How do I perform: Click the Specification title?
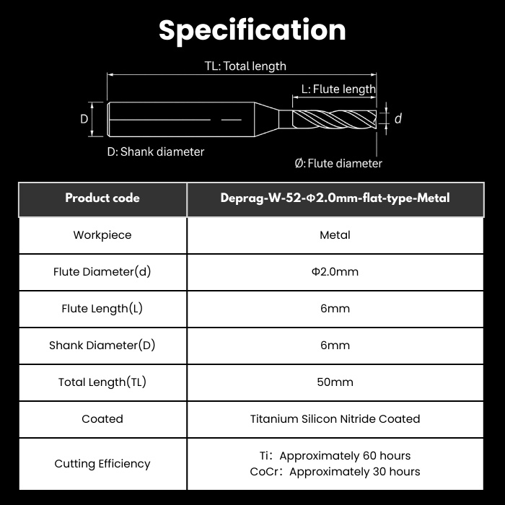(x=252, y=30)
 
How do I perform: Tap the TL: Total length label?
(x=245, y=66)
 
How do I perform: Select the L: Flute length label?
(x=338, y=89)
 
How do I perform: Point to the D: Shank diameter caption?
(x=156, y=151)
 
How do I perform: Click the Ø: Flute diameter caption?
(x=338, y=163)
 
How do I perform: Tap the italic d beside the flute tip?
(x=398, y=119)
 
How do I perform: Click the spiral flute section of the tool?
(x=334, y=119)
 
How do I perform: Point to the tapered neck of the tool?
(x=267, y=119)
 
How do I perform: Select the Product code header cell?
(x=102, y=198)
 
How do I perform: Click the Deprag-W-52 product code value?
(x=335, y=198)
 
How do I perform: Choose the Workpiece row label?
(x=102, y=235)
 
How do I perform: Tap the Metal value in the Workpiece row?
(x=335, y=235)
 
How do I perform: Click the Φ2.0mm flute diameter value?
(x=335, y=272)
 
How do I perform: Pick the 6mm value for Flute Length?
(x=335, y=309)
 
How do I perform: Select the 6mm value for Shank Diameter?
(x=335, y=346)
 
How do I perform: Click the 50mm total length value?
(x=335, y=382)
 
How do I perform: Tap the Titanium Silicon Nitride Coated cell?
(x=335, y=418)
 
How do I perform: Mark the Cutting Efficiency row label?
(x=102, y=464)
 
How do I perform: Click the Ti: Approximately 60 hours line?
(x=335, y=456)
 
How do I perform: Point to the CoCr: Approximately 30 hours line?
(x=335, y=472)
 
